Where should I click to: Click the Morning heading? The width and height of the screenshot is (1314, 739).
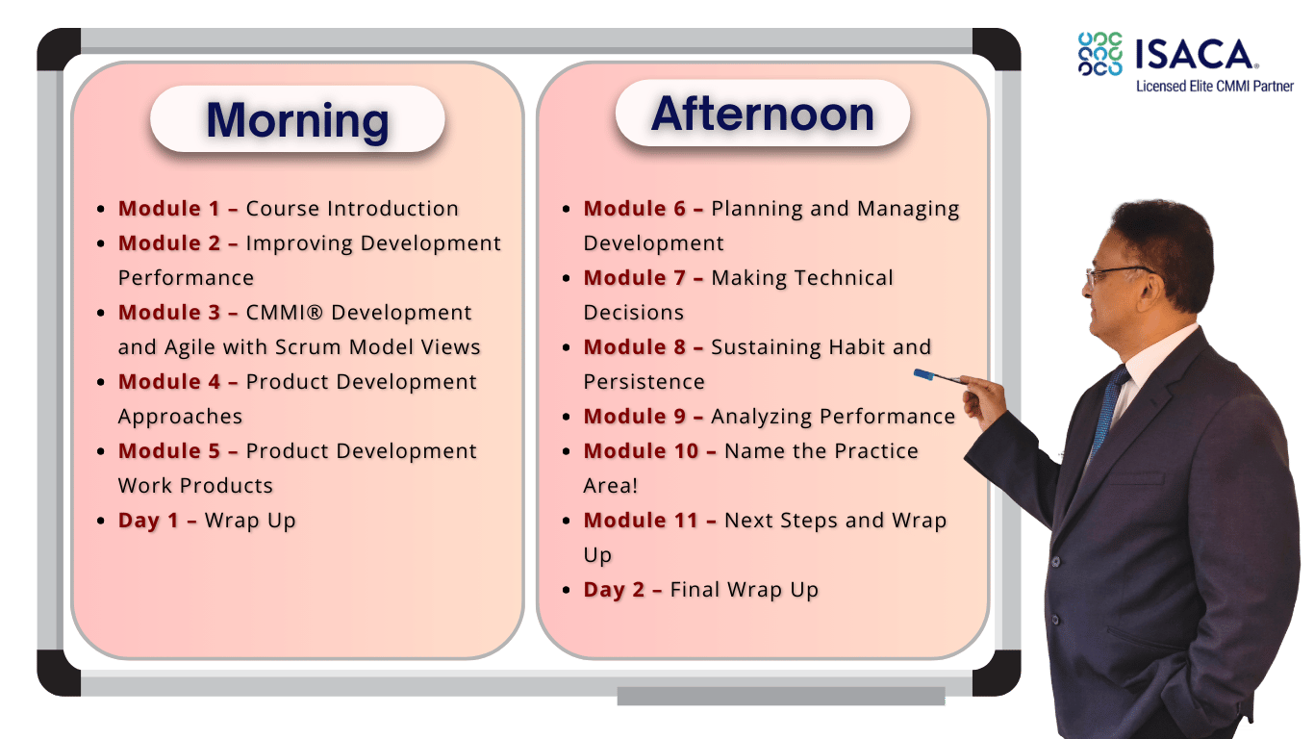pyautogui.click(x=297, y=120)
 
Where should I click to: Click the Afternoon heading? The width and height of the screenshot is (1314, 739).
pyautogui.click(x=763, y=114)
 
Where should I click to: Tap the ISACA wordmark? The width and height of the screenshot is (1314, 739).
pyautogui.click(x=1195, y=54)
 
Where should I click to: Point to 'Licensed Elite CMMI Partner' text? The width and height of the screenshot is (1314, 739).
pyautogui.click(x=1215, y=87)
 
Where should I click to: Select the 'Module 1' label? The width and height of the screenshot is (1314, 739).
pyautogui.click(x=169, y=209)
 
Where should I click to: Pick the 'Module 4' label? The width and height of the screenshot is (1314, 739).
pyautogui.click(x=169, y=382)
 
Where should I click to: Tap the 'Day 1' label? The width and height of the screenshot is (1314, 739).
pyautogui.click(x=148, y=521)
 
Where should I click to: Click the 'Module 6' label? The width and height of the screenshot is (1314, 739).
pyautogui.click(x=634, y=209)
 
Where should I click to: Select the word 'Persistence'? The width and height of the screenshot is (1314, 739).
pyautogui.click(x=644, y=382)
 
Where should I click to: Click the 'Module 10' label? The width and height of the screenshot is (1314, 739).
pyautogui.click(x=641, y=450)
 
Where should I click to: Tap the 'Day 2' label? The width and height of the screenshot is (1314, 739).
pyautogui.click(x=614, y=590)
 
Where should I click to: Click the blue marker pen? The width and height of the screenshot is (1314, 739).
pyautogui.click(x=940, y=377)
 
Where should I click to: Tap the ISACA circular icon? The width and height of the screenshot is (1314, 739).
pyautogui.click(x=1099, y=54)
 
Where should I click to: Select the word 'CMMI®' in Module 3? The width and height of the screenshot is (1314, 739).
pyautogui.click(x=285, y=313)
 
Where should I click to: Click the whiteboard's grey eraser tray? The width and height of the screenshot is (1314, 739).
pyautogui.click(x=781, y=696)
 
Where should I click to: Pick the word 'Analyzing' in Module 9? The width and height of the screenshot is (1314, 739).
pyautogui.click(x=762, y=417)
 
